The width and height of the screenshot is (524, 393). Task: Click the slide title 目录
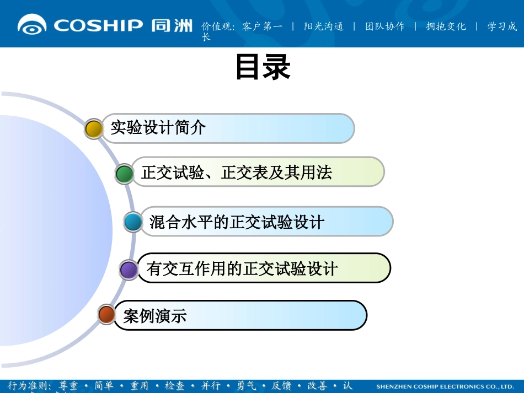point(263,68)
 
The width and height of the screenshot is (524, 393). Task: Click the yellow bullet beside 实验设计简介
point(94,129)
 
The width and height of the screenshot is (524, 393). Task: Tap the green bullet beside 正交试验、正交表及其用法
point(124,174)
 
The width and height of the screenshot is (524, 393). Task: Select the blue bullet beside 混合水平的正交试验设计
point(133,222)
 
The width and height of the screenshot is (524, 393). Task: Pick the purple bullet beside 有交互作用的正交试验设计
point(129,270)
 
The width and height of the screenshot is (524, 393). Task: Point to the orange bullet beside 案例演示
point(106,315)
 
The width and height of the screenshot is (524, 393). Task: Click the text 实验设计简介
point(158,128)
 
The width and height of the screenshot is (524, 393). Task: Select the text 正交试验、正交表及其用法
point(237,173)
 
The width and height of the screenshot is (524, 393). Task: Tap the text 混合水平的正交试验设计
point(237,222)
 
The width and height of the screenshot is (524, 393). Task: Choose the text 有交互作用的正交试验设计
point(242,269)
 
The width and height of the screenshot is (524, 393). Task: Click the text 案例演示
point(155,316)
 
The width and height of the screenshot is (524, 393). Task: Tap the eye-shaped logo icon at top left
point(33,25)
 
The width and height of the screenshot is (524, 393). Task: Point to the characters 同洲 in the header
point(172,25)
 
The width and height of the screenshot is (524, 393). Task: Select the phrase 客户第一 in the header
point(263,26)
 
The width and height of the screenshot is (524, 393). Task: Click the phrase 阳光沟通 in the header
point(324,26)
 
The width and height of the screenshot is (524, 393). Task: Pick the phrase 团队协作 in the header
point(385,26)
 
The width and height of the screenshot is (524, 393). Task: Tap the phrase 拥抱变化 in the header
point(446,26)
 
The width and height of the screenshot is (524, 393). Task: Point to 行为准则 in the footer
point(28,386)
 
